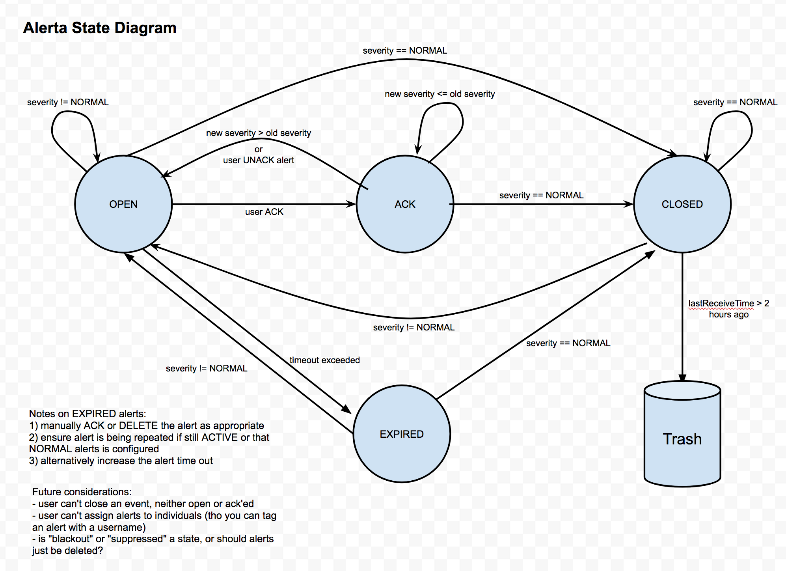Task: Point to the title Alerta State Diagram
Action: pyautogui.click(x=100, y=28)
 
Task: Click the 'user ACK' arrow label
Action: pyautogui.click(x=264, y=212)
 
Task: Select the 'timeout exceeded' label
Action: pyautogui.click(x=324, y=360)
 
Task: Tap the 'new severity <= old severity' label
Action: pyautogui.click(x=440, y=94)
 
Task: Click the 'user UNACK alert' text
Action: pyautogui.click(x=259, y=160)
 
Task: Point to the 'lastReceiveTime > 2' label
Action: pyautogui.click(x=728, y=303)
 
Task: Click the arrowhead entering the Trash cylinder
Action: pyautogui.click(x=682, y=377)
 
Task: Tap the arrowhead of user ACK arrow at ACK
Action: pyautogui.click(x=351, y=204)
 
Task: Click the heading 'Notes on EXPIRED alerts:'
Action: pyautogui.click(x=88, y=414)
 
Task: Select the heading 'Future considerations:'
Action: pyautogui.click(x=82, y=492)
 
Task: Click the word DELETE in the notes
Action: pyautogui.click(x=138, y=425)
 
